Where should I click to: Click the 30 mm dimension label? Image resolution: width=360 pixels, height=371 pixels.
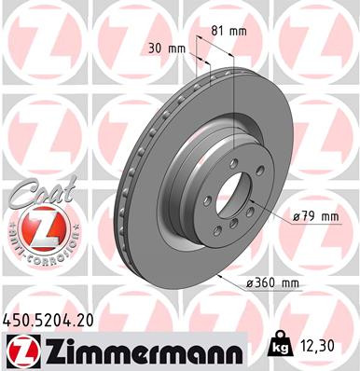pyautogui.click(x=164, y=48)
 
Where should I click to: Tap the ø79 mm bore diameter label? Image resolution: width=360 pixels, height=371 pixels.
pyautogui.click(x=315, y=216)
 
